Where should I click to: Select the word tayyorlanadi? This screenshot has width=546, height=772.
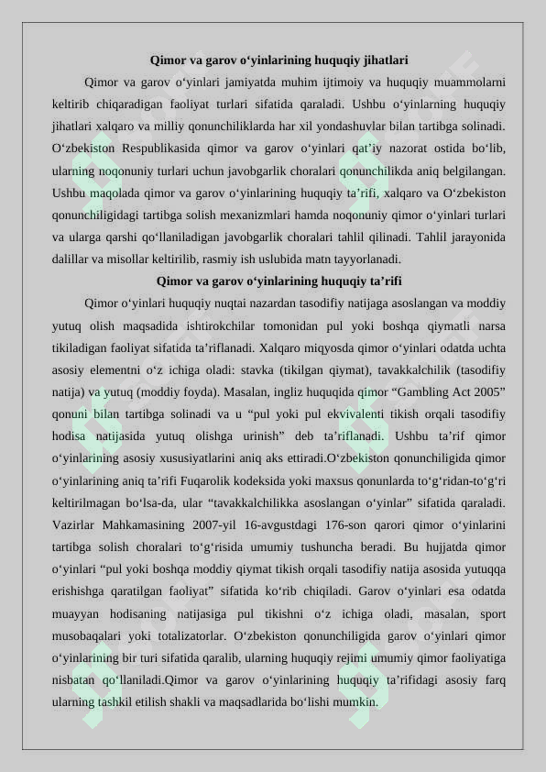click(x=362, y=259)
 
